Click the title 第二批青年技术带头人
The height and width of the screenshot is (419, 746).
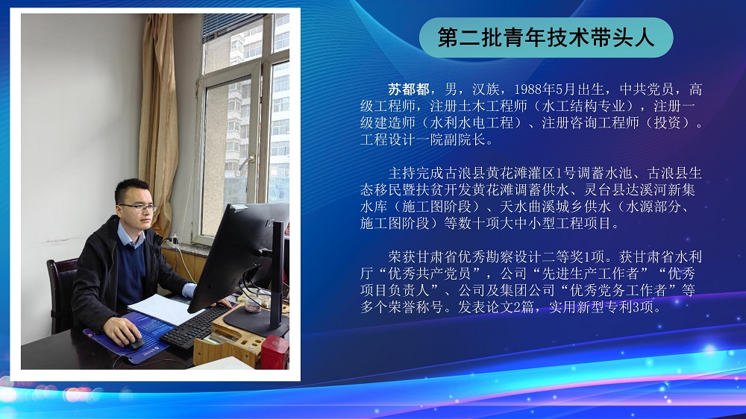coord(546,38)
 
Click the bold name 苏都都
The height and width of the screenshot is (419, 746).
coord(409,89)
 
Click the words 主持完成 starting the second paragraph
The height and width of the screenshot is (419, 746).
coord(416,173)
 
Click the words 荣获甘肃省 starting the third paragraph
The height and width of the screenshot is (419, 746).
coord(422,257)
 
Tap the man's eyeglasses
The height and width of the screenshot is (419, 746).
coord(138,207)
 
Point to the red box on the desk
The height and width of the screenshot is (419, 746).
coord(275,353)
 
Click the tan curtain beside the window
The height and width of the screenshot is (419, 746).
coord(158,124)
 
